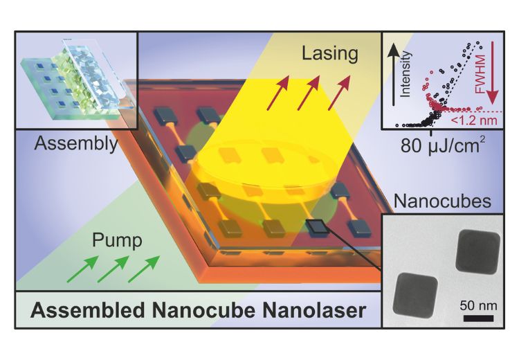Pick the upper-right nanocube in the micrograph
(475, 251)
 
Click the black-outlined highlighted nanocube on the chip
(317, 226)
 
